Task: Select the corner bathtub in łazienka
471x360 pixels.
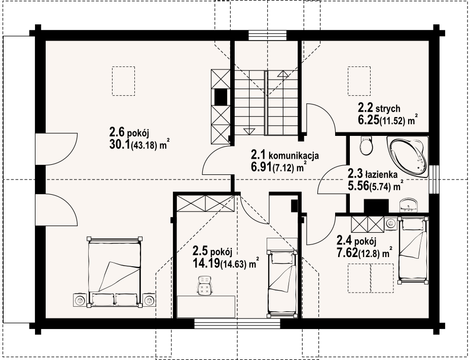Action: coord(409,156)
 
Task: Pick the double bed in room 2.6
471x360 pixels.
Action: coord(115,272)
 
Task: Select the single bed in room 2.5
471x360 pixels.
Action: coord(282,283)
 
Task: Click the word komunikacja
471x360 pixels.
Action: coord(294,156)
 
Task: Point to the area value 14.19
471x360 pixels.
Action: coord(206,264)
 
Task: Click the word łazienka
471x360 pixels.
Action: coord(381,174)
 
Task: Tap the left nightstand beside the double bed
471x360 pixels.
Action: coord(80,300)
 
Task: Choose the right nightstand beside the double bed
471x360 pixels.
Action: coord(149,300)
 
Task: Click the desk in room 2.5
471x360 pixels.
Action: coord(206,307)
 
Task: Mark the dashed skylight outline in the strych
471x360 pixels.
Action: coord(359,81)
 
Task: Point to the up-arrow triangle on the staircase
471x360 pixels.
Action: coord(282,74)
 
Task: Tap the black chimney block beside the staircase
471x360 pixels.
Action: coord(221,97)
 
